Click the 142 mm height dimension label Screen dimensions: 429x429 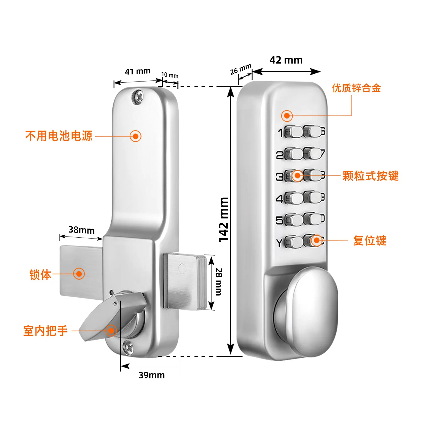click(224, 220)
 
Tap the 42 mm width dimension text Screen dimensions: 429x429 click(286, 60)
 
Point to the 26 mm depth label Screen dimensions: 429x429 click(241, 69)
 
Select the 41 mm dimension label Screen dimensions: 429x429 click(138, 71)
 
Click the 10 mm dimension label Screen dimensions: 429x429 click(170, 75)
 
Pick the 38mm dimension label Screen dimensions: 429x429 click(82, 230)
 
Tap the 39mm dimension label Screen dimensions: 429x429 click(152, 375)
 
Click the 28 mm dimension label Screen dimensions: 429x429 click(219, 282)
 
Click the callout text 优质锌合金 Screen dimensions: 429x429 click(356, 88)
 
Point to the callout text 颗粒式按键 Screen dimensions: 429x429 click(371, 176)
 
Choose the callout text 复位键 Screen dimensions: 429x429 click(370, 241)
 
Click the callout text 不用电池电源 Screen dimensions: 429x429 click(59, 136)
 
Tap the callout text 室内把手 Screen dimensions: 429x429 click(45, 331)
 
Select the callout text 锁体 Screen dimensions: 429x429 click(40, 275)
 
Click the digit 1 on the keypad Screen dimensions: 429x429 click(281, 133)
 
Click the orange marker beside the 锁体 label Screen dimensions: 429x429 click(79, 274)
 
